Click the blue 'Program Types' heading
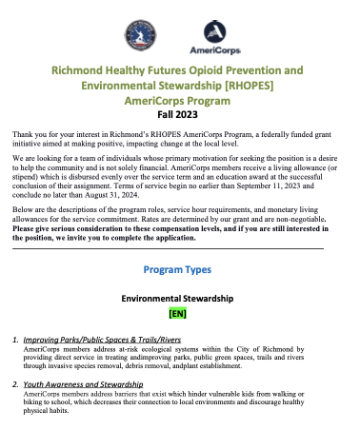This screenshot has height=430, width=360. coord(180,269)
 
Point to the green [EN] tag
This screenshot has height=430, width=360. coord(180,313)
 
